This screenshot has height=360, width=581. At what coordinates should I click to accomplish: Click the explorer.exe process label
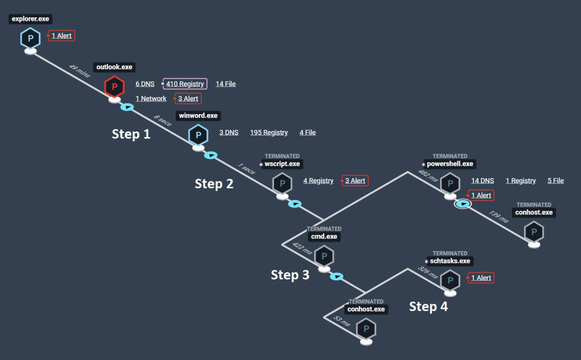coord(30,19)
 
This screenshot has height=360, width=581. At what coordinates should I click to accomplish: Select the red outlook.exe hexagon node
coord(114,86)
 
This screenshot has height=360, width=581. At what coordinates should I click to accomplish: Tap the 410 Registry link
coord(185,84)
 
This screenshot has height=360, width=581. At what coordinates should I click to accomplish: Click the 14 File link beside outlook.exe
coord(226,84)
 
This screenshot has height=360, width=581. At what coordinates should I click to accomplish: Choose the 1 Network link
coord(151,99)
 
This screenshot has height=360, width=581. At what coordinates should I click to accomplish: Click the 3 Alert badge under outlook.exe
coord(188,99)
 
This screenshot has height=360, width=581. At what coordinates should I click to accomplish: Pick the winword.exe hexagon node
coord(198,135)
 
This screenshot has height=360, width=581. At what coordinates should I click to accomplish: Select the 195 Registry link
coord(269,133)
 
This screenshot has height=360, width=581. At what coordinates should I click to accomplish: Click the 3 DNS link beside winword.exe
coord(229,133)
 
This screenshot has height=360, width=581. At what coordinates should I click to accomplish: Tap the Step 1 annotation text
coord(131,134)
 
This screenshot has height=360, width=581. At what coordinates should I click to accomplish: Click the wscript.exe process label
coord(282,164)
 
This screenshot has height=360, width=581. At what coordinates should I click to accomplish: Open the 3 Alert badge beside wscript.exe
coord(355,181)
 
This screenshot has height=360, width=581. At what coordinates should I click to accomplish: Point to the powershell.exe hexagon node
coord(450,183)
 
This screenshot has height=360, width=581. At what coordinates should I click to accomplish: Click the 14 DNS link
coord(483,181)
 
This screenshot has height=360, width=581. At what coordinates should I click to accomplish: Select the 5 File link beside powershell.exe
coord(556,181)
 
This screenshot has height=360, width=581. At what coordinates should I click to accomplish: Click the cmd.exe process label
coord(324,237)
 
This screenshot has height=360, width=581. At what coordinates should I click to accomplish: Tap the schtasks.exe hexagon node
coord(450,281)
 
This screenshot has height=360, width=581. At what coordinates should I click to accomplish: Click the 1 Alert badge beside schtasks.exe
coord(481,278)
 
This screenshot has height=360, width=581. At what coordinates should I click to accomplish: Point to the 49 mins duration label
coord(79,71)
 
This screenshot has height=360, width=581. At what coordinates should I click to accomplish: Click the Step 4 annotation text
coord(428,306)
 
